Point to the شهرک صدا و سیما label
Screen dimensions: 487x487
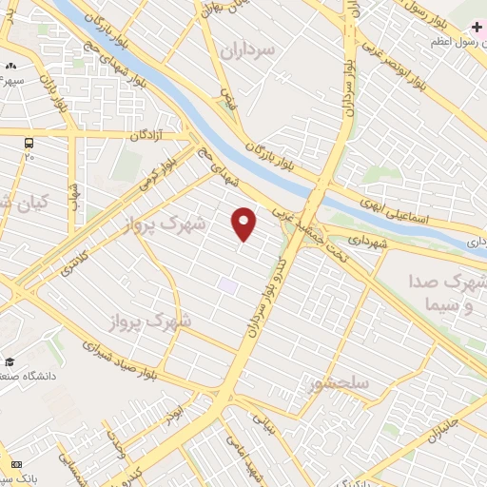click(x=450, y=296)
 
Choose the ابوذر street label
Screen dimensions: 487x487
click(x=172, y=414)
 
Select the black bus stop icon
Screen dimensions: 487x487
click(x=28, y=143)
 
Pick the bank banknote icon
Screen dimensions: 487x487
click(x=14, y=463)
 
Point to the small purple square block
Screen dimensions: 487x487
click(x=227, y=284)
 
